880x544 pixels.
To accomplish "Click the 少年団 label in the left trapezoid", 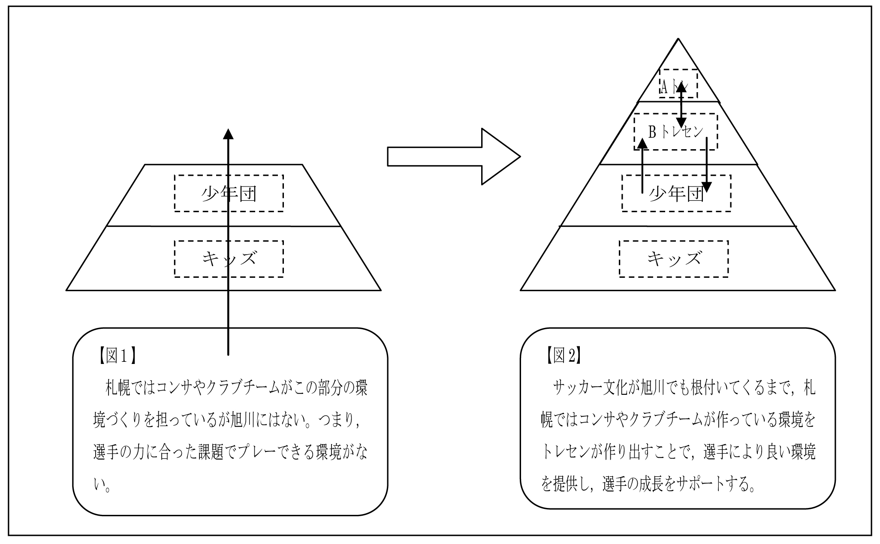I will click(229, 194).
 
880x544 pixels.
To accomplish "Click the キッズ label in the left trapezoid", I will click(229, 259).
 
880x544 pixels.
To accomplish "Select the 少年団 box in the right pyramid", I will click(676, 194).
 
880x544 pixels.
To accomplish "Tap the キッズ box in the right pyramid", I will click(673, 259).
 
